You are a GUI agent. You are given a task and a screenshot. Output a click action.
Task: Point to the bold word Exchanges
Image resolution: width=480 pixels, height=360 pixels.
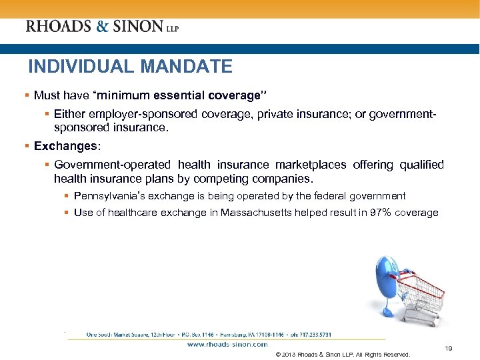65,145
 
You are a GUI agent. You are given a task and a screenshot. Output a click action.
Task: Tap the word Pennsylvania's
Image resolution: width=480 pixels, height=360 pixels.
105,196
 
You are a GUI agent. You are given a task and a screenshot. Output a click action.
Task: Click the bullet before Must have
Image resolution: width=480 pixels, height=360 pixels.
27,95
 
